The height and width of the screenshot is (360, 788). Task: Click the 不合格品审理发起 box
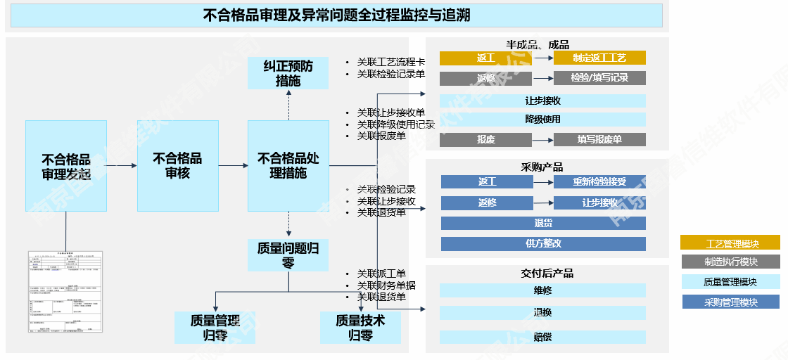coord(66,166)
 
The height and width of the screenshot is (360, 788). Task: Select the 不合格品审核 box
coord(177,166)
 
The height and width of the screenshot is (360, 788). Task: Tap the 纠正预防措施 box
coord(288,73)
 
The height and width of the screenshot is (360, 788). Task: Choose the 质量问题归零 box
coord(288,255)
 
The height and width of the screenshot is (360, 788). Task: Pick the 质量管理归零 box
coord(215,328)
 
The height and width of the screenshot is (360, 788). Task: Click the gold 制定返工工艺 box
coord(599,58)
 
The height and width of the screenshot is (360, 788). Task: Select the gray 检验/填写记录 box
coord(599,78)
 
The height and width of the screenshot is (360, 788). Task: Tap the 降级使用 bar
coord(542,120)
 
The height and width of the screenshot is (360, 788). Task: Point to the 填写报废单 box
coord(599,140)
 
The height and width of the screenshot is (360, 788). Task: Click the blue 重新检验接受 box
coord(599,182)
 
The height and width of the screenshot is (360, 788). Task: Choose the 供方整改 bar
coord(542,244)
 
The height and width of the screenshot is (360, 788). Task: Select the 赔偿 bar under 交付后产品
coord(542,337)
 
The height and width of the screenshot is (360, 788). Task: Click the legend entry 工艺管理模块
coord(730,243)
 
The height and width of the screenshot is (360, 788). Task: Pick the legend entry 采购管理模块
coord(730,302)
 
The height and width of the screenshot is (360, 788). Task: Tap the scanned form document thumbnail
coord(66,292)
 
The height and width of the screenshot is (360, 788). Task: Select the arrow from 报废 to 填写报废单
coord(542,140)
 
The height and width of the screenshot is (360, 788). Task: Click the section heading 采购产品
coord(542,167)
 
